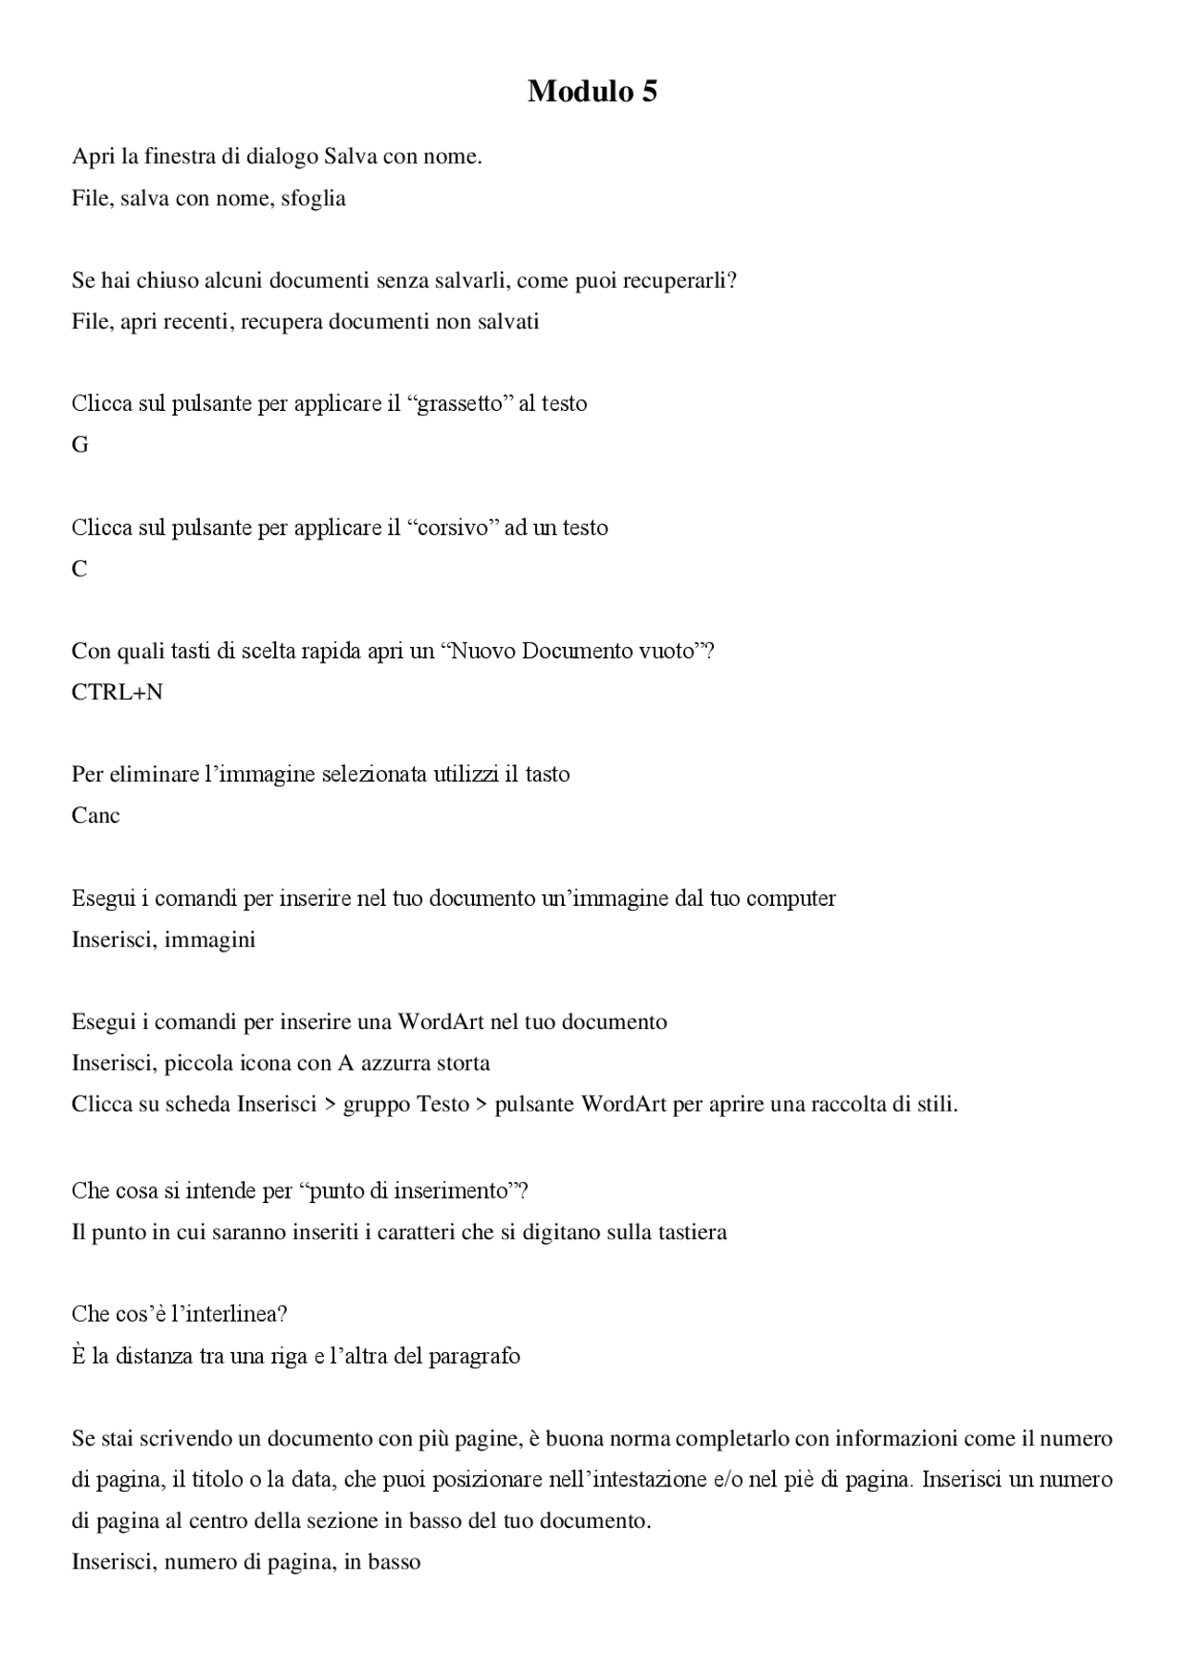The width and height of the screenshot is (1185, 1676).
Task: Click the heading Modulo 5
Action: point(592,91)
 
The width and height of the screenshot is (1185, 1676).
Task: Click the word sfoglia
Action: point(313,198)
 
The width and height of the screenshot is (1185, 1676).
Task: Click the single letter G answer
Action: point(80,445)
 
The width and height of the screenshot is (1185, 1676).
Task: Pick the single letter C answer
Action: point(80,569)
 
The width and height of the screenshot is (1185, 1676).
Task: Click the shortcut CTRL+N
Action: point(117,692)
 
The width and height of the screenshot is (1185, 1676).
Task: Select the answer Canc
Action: point(95,815)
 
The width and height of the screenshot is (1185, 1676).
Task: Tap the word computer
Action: point(791,899)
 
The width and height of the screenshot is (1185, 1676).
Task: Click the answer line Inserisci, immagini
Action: point(163,939)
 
